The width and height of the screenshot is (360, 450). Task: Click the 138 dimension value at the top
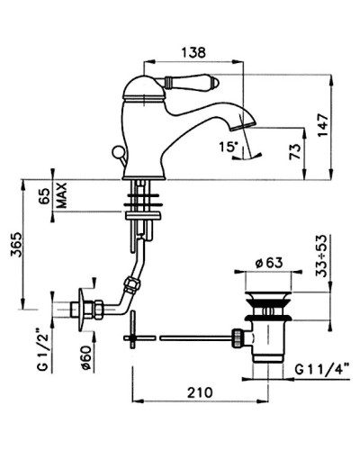coord(193,52)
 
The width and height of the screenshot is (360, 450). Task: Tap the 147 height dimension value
coord(323,125)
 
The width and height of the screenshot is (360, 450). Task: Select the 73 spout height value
coord(295,152)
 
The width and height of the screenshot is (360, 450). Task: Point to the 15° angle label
coord(229,148)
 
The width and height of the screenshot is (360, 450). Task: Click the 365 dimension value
coord(16,245)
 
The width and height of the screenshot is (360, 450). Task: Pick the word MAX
coord(62,195)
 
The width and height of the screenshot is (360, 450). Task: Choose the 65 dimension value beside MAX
coord(44,196)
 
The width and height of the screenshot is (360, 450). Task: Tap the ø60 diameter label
coord(86,358)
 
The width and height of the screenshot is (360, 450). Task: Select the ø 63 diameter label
coord(269,263)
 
